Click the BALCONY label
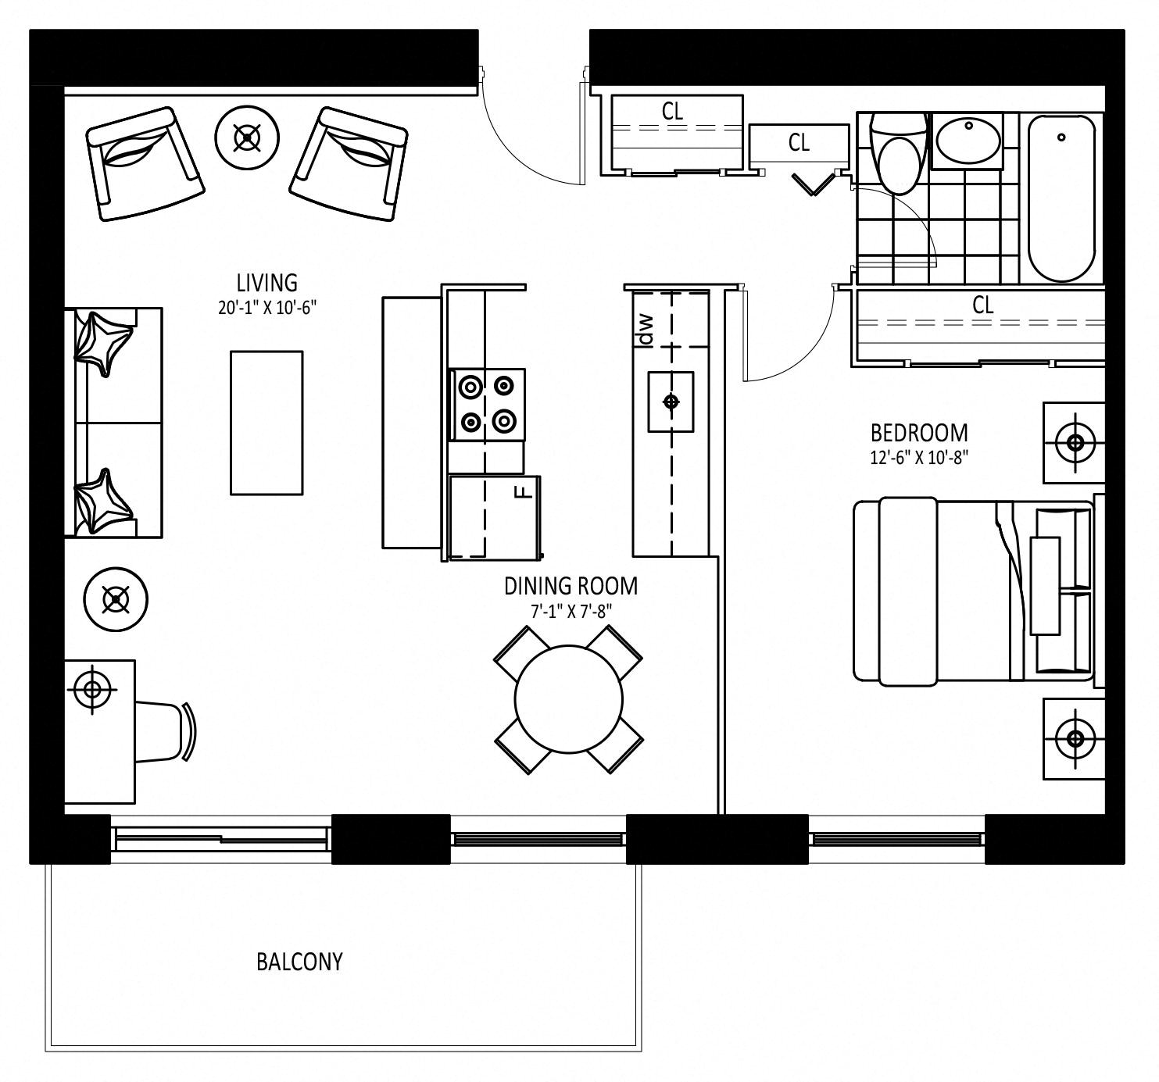(x=299, y=961)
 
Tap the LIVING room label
(x=266, y=283)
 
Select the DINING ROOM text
(x=571, y=585)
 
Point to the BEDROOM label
(x=919, y=433)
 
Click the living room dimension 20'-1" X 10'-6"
(x=267, y=308)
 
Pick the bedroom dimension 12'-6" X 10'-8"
(x=919, y=458)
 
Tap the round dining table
(x=569, y=699)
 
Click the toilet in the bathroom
(x=898, y=153)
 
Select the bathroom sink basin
(x=968, y=140)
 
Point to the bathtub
(x=1061, y=198)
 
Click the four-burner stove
(x=487, y=404)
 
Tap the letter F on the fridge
(x=525, y=491)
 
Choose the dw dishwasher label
(x=646, y=330)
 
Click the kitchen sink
(x=671, y=402)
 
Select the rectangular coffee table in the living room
(x=266, y=423)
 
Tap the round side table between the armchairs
(x=247, y=137)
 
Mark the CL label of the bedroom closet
(x=982, y=305)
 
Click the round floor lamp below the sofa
(x=116, y=599)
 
